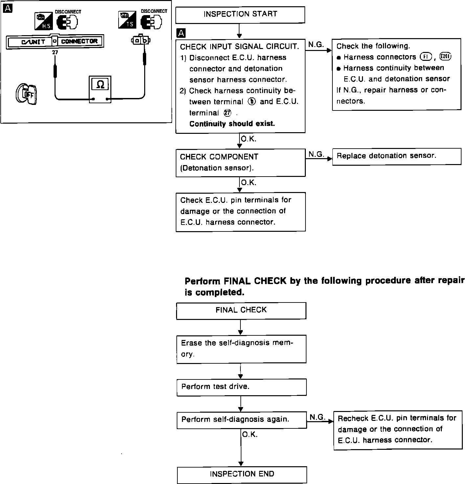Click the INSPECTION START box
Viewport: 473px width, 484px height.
[240, 15]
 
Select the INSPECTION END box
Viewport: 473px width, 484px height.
[242, 474]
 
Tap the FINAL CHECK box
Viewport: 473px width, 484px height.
[241, 310]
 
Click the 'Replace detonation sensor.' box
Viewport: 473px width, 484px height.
[396, 156]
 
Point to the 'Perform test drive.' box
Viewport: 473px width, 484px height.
[241, 387]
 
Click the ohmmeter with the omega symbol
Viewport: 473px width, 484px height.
[100, 89]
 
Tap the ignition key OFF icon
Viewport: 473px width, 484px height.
[27, 94]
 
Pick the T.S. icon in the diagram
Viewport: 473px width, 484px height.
[127, 20]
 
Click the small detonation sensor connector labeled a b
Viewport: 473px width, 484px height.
[141, 40]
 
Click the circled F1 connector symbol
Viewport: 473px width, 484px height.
[426, 57]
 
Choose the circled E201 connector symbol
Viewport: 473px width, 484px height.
[446, 57]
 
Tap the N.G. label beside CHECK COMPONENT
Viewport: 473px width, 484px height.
[316, 154]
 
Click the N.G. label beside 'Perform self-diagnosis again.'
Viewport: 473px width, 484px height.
[317, 417]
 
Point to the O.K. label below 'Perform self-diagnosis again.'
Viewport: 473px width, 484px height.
[250, 435]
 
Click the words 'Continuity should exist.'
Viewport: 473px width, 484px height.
[232, 124]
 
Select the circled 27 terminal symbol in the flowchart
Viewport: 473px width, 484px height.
[227, 113]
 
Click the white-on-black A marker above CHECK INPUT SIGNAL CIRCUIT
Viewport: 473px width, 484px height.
[181, 33]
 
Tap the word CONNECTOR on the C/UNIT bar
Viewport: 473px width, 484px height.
[79, 41]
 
